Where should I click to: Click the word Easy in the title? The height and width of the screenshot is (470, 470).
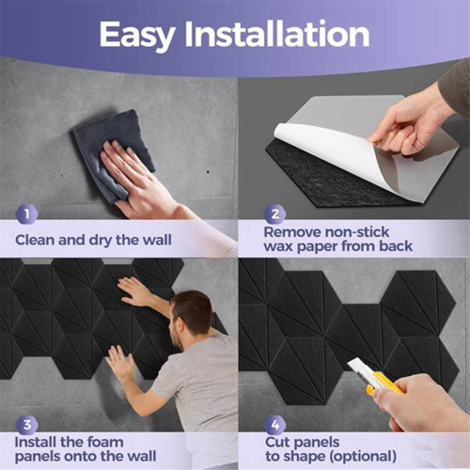tap(136, 35)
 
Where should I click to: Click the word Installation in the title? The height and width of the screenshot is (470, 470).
tap(277, 34)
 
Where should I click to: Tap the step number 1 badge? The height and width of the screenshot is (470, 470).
tap(27, 214)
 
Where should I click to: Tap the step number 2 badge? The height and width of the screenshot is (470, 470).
tap(274, 214)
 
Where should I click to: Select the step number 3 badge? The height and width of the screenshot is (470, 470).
tap(27, 425)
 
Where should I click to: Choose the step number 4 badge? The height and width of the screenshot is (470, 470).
tap(274, 425)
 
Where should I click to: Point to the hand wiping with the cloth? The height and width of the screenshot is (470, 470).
tap(134, 176)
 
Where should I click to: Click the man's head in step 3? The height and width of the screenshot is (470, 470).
tap(190, 317)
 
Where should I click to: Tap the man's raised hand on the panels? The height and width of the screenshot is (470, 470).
tap(133, 291)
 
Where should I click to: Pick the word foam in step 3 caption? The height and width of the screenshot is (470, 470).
tap(105, 442)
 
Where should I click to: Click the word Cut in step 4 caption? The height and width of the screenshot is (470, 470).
tap(276, 443)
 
